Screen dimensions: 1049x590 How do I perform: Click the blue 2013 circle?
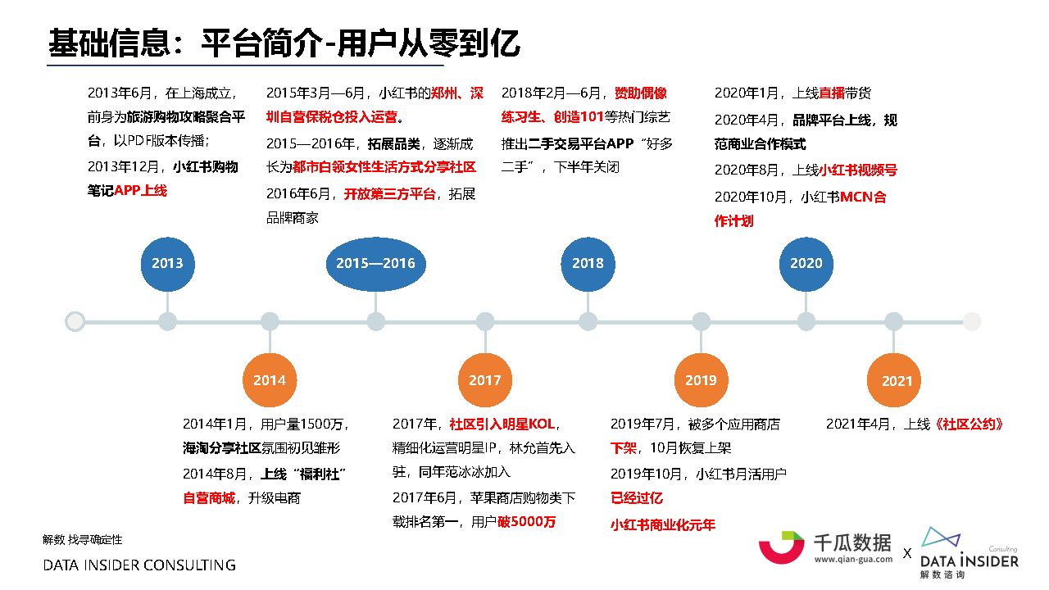click(167, 263)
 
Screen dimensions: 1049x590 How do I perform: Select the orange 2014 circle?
click(270, 379)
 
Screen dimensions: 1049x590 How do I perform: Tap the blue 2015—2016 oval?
click(375, 263)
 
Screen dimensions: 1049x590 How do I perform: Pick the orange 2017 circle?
click(485, 379)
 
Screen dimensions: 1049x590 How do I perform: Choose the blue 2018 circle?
click(588, 263)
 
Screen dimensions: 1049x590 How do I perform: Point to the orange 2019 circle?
click(701, 379)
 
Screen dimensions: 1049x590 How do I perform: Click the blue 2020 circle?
click(806, 263)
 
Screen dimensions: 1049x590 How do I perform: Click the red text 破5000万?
click(526, 521)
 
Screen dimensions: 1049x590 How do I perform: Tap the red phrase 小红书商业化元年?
click(662, 524)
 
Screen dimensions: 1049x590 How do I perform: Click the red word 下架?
click(623, 448)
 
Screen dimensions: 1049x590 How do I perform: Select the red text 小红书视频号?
click(857, 170)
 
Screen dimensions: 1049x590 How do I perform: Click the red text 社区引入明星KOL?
click(502, 424)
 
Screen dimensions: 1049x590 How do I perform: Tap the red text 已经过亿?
click(636, 498)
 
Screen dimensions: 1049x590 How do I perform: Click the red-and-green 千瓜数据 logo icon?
click(781, 547)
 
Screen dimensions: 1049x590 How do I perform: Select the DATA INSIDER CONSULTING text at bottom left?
click(139, 565)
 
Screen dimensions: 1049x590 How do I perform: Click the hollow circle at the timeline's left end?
click(75, 321)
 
